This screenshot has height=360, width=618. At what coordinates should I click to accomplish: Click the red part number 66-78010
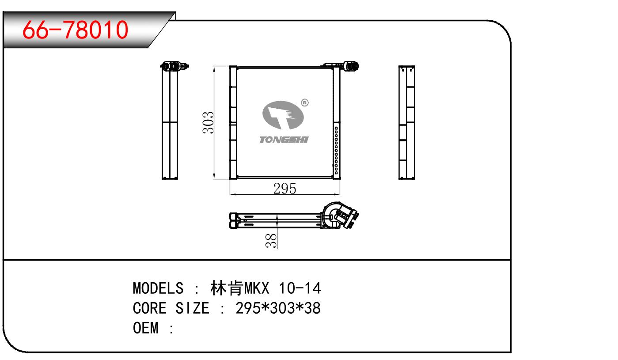coord(75,30)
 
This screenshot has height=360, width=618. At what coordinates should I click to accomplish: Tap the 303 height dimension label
coord(209,123)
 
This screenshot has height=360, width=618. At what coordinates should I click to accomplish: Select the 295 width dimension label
coord(285,189)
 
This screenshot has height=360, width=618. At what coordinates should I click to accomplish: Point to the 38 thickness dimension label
coord(271,241)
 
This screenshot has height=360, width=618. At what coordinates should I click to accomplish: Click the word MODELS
coord(158,288)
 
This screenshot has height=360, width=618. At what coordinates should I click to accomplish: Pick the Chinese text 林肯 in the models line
coord(227,288)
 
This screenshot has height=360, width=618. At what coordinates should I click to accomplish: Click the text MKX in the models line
coord(257,288)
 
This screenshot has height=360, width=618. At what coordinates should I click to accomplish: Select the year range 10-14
coord(300,288)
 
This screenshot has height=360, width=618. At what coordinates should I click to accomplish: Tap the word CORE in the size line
coord(150,308)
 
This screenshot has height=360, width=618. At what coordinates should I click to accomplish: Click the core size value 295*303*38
coord(278,308)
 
